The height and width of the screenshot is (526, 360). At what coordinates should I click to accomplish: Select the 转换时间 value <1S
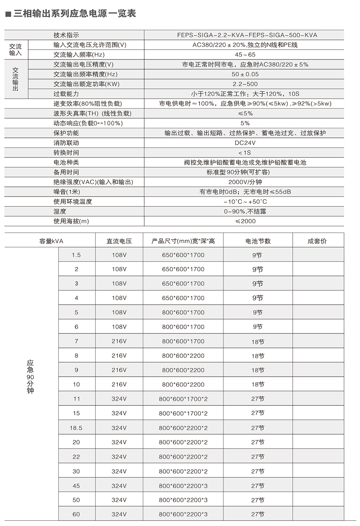pyautogui.click(x=245, y=153)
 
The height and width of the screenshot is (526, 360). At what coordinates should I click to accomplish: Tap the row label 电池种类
pyautogui.click(x=66, y=163)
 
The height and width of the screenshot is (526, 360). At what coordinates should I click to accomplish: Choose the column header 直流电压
pyautogui.click(x=119, y=241)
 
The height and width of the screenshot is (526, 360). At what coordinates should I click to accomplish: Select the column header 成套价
pyautogui.click(x=317, y=241)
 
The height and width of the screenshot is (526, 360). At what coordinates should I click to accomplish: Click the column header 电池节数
pyautogui.click(x=258, y=241)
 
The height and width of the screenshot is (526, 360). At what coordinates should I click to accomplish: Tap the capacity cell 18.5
pyautogui.click(x=76, y=428)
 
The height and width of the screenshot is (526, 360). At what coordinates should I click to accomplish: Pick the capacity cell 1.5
pyautogui.click(x=76, y=255)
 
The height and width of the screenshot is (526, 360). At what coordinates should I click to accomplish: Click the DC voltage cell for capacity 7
pyautogui.click(x=119, y=341)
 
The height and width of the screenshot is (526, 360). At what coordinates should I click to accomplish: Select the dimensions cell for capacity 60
pyautogui.click(x=183, y=514)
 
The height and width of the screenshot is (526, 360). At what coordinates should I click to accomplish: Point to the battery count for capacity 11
pyautogui.click(x=258, y=399)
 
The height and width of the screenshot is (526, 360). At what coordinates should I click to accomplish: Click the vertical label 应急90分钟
pyautogui.click(x=30, y=377)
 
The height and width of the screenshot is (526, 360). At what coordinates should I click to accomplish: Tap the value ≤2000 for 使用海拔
pyautogui.click(x=245, y=221)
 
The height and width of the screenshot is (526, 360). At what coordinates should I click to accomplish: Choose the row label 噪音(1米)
pyautogui.click(x=67, y=192)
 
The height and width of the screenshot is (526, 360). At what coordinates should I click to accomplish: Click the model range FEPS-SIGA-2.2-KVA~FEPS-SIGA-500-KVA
pyautogui.click(x=247, y=35)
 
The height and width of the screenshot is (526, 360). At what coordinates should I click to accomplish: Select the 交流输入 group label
pyautogui.click(x=15, y=50)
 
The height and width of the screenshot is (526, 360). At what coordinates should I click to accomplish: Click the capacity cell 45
pyautogui.click(x=76, y=486)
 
